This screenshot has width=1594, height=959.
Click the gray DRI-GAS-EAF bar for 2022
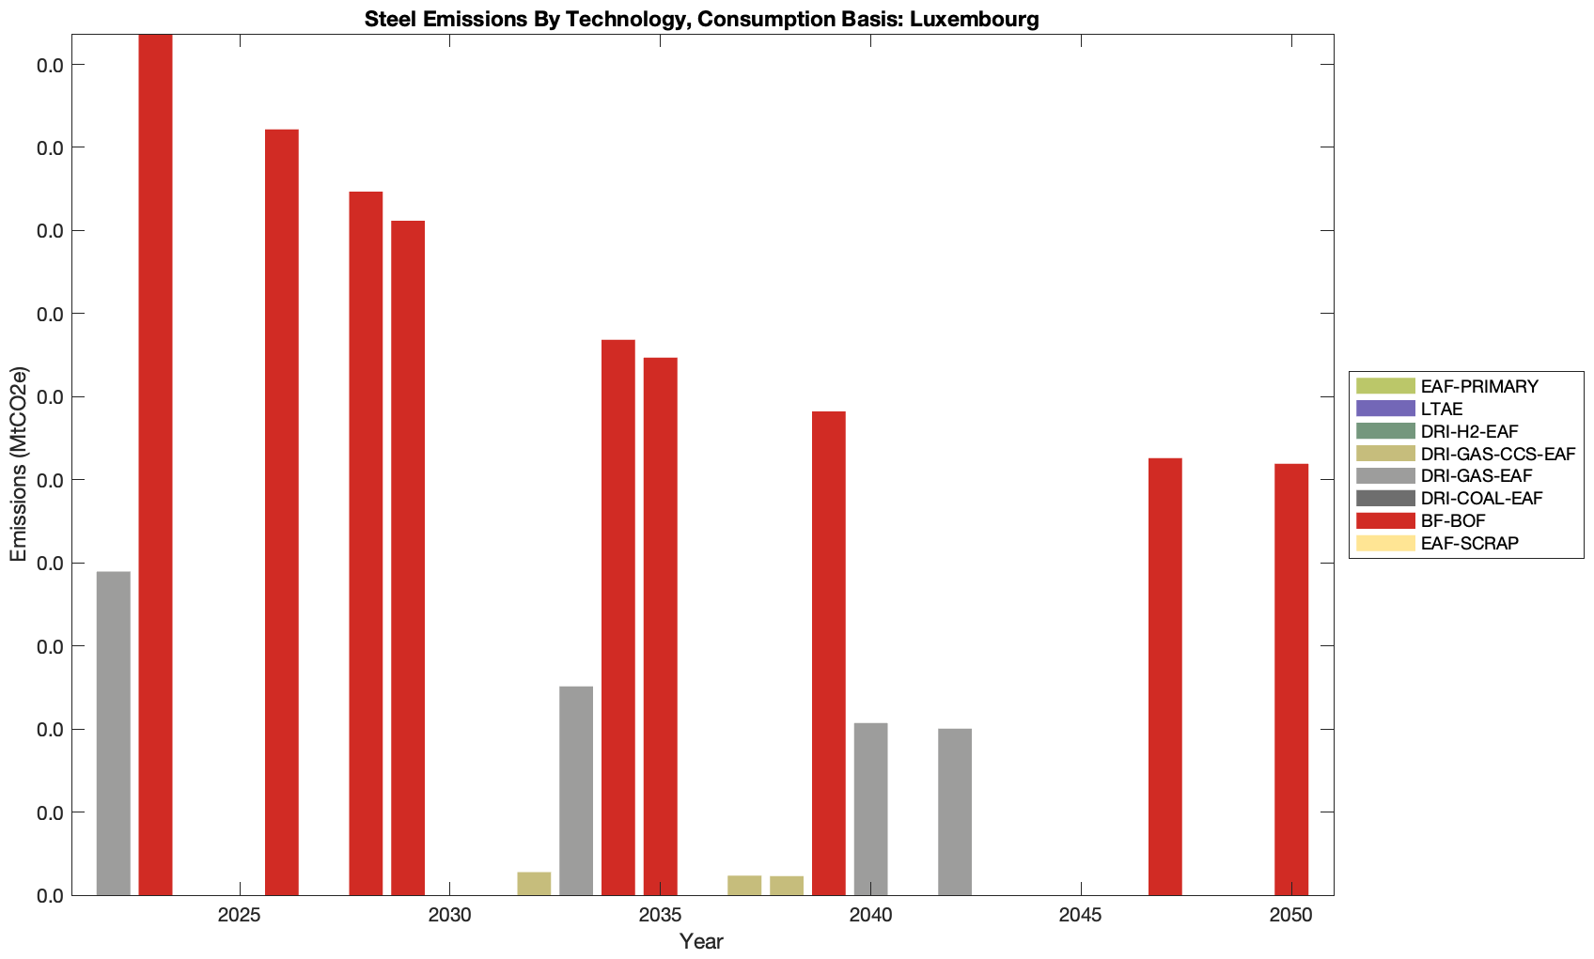tap(114, 733)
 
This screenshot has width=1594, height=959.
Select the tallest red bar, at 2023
tap(155, 465)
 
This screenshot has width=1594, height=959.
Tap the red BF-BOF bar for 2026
tap(282, 512)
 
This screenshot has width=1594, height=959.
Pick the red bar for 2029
tap(408, 558)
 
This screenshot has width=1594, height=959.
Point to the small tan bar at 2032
tap(534, 884)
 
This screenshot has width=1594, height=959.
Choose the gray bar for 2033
tap(576, 791)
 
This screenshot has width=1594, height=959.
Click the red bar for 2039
tap(828, 653)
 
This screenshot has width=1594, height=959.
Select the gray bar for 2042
tap(955, 812)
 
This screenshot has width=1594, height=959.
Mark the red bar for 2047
tap(1165, 676)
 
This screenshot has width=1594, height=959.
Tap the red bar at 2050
tap(1291, 679)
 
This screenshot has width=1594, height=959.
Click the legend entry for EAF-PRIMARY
tap(1479, 386)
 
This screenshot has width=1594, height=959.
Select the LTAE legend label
tap(1442, 409)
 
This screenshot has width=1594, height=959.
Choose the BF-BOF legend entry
tap(1453, 521)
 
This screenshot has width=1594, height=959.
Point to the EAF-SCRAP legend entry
tap(1469, 544)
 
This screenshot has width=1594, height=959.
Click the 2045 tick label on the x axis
tap(1081, 916)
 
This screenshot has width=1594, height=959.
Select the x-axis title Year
tap(701, 941)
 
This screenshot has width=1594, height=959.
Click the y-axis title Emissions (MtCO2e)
tap(19, 465)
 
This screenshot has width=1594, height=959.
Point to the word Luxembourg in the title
tap(975, 19)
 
